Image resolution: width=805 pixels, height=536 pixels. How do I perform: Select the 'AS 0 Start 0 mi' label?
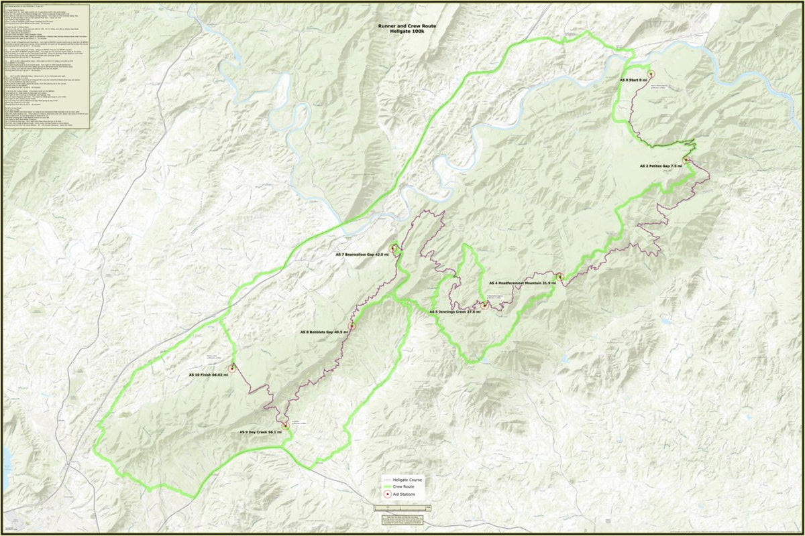(x=633, y=80)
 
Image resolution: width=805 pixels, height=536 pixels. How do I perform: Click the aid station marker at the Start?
(x=650, y=72)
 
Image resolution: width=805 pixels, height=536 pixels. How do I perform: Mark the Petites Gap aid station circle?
(x=686, y=159)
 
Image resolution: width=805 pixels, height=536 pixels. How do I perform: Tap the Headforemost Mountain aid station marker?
(x=559, y=276)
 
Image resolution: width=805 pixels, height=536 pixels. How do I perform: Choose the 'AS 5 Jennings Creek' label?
(x=455, y=312)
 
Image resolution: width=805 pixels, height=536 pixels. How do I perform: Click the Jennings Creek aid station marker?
(x=484, y=305)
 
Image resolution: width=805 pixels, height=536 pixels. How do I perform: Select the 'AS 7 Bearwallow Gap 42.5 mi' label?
(x=362, y=255)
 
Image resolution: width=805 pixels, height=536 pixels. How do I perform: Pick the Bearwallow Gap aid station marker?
(x=392, y=249)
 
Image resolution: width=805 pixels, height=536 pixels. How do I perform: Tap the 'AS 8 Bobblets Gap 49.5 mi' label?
(x=325, y=332)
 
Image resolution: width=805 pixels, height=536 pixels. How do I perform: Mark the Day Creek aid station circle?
(x=286, y=424)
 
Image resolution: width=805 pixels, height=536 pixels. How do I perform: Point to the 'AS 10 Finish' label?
(x=208, y=375)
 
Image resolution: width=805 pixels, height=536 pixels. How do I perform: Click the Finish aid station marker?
(x=233, y=368)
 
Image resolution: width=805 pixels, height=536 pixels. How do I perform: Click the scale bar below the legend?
(x=402, y=509)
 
